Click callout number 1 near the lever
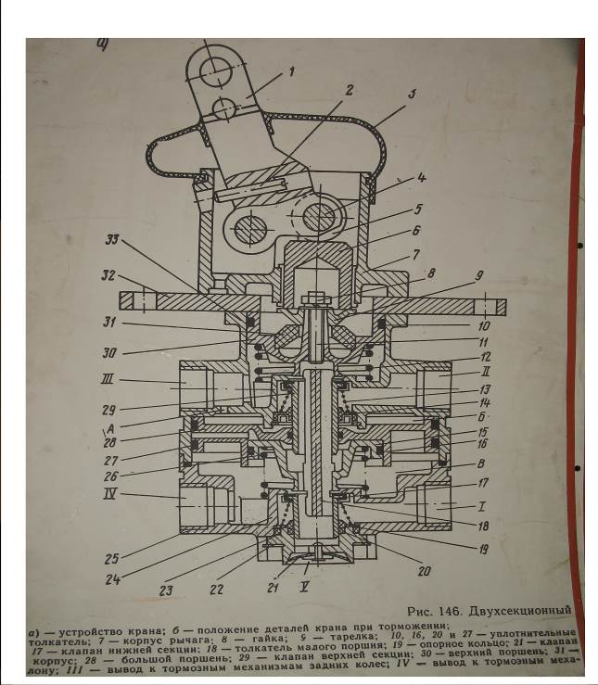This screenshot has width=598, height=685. click(290, 70)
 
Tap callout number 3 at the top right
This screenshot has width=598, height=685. click(411, 94)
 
